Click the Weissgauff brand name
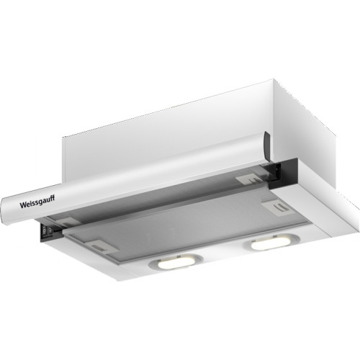(x=37, y=202)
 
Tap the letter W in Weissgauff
(x=23, y=205)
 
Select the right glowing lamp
(x=271, y=243)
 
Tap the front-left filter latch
(x=102, y=246)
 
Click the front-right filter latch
(x=279, y=207)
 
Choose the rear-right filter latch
(x=250, y=179)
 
